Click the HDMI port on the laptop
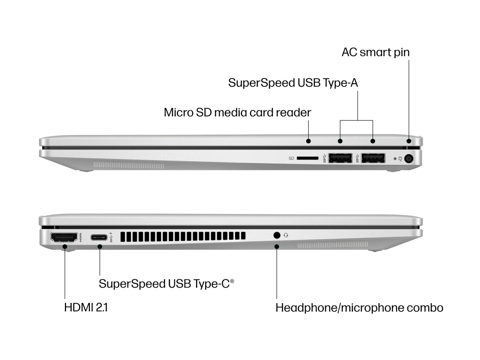click(64, 237)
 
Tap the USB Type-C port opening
click(99, 237)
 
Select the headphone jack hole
click(277, 235)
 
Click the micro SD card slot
click(307, 158)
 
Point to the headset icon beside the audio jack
click(286, 235)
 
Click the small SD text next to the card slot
click(291, 158)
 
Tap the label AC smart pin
click(375, 52)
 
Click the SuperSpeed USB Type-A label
click(293, 82)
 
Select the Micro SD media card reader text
click(237, 112)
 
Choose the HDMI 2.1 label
click(86, 307)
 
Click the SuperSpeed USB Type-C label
click(166, 283)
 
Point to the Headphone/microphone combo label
click(359, 307)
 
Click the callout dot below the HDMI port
click(64, 246)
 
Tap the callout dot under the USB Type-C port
click(100, 246)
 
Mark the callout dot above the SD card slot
click(308, 141)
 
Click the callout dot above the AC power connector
click(409, 141)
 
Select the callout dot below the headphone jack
click(277, 246)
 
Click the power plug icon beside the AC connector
click(400, 159)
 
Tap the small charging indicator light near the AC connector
click(394, 159)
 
